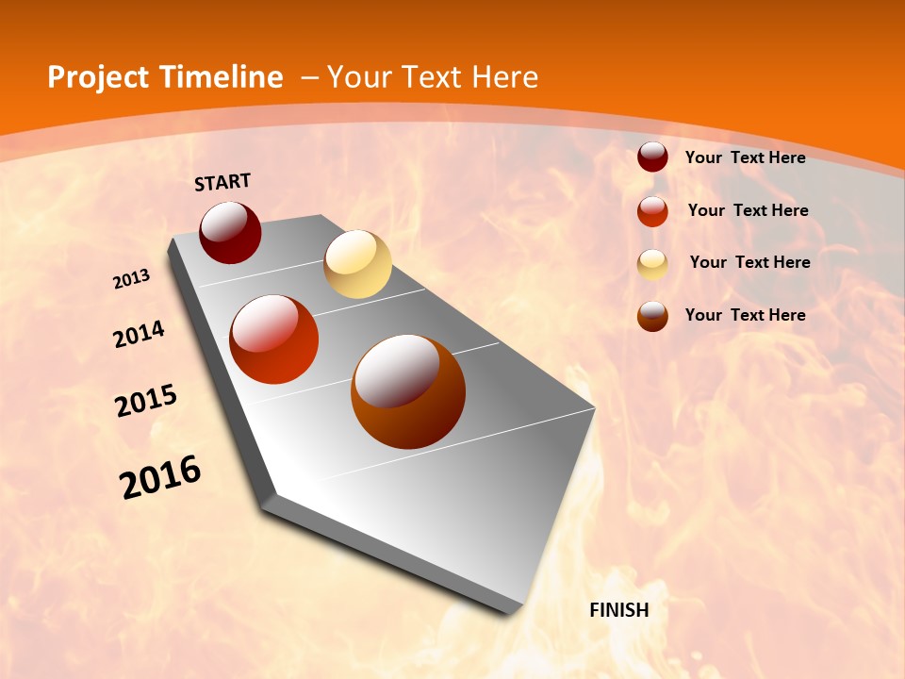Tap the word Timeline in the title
222,77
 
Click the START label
222,182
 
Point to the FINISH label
619,610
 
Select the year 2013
131,279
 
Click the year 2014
139,335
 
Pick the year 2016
160,477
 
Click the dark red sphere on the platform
230,232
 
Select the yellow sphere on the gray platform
357,264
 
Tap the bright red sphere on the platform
274,339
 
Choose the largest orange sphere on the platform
408,391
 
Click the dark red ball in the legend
652,157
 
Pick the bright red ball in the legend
652,211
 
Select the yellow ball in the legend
652,264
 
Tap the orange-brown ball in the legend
652,316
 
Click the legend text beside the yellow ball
749,262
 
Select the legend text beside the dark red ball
745,157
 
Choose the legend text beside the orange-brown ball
745,315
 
